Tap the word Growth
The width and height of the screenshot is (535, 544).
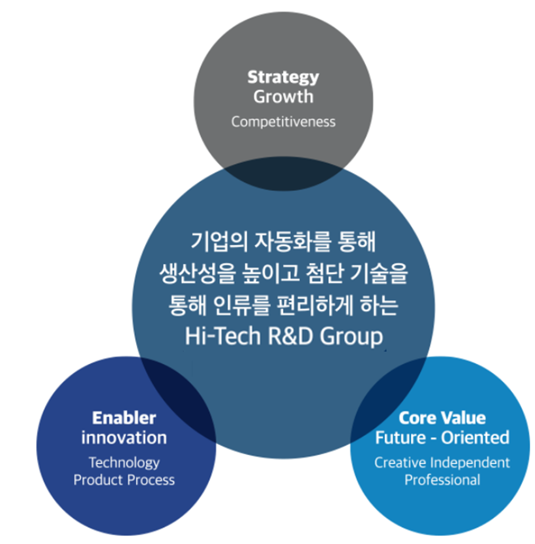283,96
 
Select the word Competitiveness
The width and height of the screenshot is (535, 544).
283,122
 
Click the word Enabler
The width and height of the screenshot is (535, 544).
124,418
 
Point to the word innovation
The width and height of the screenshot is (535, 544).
124,438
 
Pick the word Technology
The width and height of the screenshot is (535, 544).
124,463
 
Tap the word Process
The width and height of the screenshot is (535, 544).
151,480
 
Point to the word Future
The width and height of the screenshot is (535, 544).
400,438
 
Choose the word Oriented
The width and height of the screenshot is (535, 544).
475,438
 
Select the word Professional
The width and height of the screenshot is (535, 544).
442,480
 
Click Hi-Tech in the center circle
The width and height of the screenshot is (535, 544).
223,336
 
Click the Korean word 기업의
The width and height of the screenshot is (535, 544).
219,241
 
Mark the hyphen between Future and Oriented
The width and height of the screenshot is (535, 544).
433,439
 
